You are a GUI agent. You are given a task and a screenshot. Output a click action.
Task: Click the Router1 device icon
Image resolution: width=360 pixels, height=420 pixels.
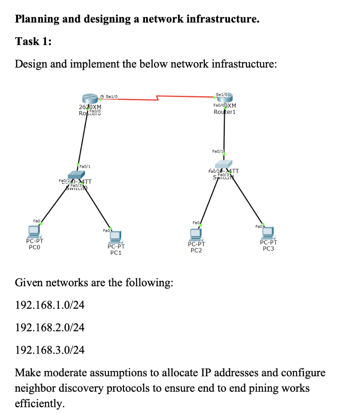coord(224,99)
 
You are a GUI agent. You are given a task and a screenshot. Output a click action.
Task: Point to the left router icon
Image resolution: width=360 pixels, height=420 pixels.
coord(90,99)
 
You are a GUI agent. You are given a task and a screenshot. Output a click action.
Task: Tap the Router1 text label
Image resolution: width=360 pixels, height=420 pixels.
coord(224,112)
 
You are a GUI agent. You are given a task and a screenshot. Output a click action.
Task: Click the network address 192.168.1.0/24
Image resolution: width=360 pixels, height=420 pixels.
coord(50,305)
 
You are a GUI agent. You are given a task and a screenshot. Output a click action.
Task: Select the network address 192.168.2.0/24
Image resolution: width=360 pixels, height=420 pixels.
coord(50,327)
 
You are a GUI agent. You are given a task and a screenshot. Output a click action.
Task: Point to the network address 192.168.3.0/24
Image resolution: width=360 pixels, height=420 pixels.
coord(50,350)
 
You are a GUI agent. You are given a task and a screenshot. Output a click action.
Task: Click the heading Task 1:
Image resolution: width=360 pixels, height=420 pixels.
coord(33,41)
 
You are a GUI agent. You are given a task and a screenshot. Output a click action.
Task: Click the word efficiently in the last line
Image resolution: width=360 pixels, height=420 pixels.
coord(39,404)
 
